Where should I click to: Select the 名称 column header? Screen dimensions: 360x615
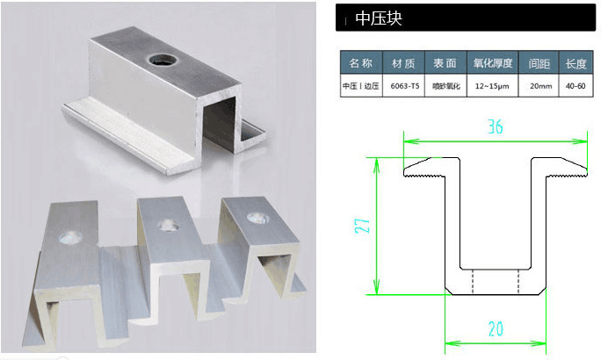pyautogui.click(x=361, y=63)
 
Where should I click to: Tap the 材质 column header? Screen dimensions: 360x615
pyautogui.click(x=405, y=63)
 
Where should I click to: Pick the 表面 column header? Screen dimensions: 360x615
pyautogui.click(x=445, y=63)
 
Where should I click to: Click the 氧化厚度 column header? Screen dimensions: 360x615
pyautogui.click(x=492, y=63)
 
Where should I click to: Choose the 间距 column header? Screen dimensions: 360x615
pyautogui.click(x=539, y=63)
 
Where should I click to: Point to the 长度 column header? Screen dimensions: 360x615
pyautogui.click(x=575, y=63)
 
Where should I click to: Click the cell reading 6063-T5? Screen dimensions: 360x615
pyautogui.click(x=405, y=86)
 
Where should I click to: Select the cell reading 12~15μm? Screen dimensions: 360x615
pyautogui.click(x=492, y=86)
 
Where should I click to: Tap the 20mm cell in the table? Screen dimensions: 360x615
pyautogui.click(x=539, y=86)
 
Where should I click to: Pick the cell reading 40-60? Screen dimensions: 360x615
pyautogui.click(x=575, y=86)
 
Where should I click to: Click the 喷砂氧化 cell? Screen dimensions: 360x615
pyautogui.click(x=445, y=86)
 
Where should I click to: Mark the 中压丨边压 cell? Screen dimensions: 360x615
pyautogui.click(x=361, y=86)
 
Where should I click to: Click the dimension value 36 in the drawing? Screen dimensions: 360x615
pyautogui.click(x=495, y=126)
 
